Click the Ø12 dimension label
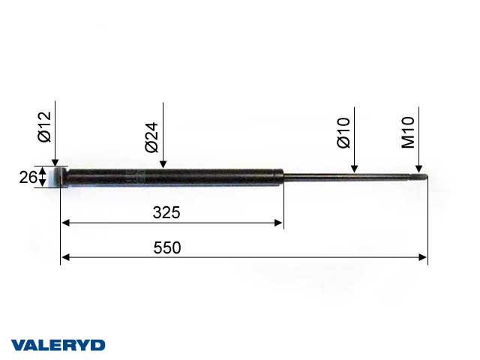coord(43,127)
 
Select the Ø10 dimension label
coord(343,133)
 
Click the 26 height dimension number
coord(28,178)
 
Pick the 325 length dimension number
coord(166,212)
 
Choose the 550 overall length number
coord(166,247)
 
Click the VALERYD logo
coord(58,345)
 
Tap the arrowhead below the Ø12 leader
coord(55,162)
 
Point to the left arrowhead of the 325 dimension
coord(65,223)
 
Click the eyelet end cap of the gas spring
coord(60,178)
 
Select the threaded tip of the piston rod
coord(421,178)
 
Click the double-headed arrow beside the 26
coord(43,178)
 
